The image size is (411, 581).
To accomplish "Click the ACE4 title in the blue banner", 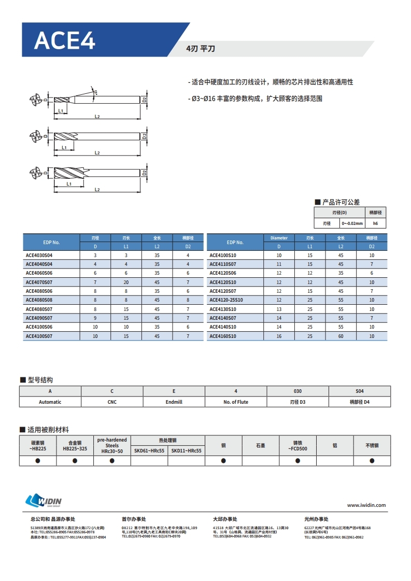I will point(65,40).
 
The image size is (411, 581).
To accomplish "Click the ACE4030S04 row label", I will point(39,256).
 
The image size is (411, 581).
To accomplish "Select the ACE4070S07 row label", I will point(39,282).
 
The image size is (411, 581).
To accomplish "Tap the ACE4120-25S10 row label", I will point(226,300).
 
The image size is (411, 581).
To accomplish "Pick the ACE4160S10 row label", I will point(223,336).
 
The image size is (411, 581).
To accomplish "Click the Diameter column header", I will point(279,238).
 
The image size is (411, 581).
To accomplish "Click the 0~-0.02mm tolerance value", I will point(352,223).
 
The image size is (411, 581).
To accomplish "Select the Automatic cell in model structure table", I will point(50,402).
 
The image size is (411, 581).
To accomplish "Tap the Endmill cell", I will point(174,402).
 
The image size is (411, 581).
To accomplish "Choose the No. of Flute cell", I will point(236,402).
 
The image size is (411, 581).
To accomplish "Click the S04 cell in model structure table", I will point(360,391).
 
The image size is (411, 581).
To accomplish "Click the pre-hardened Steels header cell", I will point(112,446).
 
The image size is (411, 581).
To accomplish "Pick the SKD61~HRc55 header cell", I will point(149,451).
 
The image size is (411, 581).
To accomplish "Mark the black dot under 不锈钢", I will point(372,460).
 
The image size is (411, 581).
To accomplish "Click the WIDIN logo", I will point(44,501).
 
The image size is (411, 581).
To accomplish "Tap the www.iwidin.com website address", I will point(366,505).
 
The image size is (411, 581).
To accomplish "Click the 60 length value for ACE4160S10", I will point(341,336).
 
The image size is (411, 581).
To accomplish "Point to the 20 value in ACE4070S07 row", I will point(126,282).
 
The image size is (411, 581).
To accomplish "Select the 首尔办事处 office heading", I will point(134,519).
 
